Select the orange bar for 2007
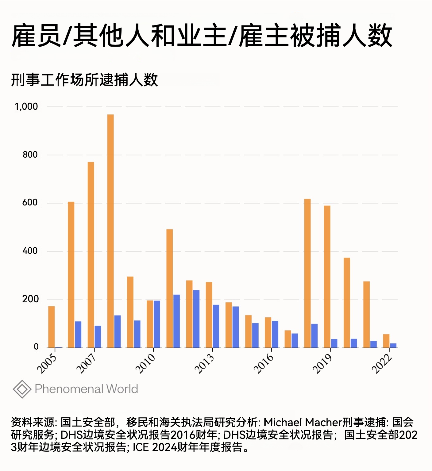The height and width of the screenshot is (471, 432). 91,255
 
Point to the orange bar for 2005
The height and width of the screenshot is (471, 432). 52,327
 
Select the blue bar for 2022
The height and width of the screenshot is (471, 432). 393,346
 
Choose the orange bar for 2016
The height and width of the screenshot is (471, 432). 268,332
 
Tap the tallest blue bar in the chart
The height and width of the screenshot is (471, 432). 196,319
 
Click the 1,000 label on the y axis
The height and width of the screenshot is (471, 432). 26,107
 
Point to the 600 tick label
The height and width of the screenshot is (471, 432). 30,203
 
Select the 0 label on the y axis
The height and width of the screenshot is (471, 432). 36,347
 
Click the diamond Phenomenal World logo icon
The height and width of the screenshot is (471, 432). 22,389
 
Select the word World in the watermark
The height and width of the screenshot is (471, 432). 122,389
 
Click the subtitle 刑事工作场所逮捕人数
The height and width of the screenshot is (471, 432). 84,80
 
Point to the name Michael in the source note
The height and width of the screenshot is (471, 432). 283,423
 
